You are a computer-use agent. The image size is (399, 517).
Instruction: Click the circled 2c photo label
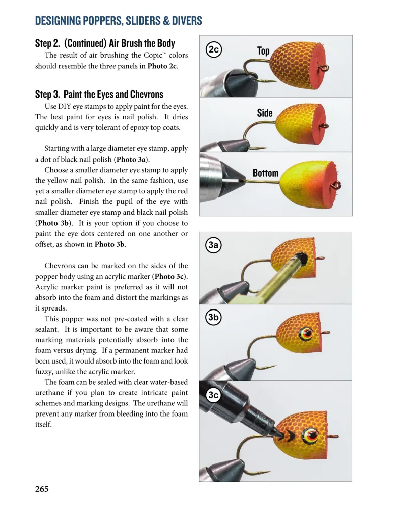coord(213,49)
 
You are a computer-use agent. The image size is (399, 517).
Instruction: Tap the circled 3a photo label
coord(213,245)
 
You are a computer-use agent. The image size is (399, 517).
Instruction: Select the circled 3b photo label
coord(213,317)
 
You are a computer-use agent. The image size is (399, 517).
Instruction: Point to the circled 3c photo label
coord(213,395)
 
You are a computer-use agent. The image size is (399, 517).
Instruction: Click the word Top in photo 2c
coord(263,50)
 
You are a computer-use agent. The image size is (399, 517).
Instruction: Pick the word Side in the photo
coord(264,113)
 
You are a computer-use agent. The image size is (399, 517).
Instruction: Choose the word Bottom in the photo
coord(265,173)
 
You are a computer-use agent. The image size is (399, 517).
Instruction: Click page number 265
coord(42,489)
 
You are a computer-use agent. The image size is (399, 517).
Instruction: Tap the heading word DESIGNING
coord(61,21)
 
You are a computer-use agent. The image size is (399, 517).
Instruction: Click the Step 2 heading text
coord(105,43)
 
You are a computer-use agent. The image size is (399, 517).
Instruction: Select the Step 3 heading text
coord(99,94)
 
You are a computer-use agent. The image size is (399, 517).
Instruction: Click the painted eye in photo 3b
coord(306,333)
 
